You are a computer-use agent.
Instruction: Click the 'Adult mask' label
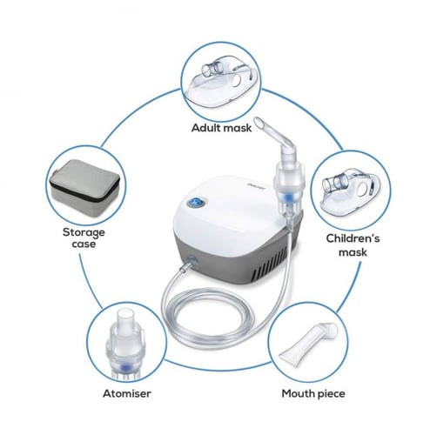[x=221, y=128]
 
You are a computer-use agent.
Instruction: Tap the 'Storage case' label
[x=84, y=238]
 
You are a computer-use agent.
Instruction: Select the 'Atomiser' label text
[x=127, y=393]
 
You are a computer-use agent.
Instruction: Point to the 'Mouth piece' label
[x=313, y=394]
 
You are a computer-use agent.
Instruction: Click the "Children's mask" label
[x=353, y=245]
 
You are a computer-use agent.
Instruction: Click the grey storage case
[x=84, y=188]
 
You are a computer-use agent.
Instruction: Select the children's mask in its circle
[x=351, y=191]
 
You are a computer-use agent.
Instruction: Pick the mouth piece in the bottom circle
[x=308, y=345]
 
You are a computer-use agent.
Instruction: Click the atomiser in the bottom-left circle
[x=125, y=345]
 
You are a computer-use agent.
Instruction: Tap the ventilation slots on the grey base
[x=272, y=264]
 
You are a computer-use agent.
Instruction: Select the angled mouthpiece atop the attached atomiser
[x=276, y=137]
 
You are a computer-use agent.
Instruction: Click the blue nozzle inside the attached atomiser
[x=287, y=198]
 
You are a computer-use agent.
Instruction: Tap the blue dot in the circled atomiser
[x=125, y=368]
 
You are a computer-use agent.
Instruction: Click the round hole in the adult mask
[x=236, y=80]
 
